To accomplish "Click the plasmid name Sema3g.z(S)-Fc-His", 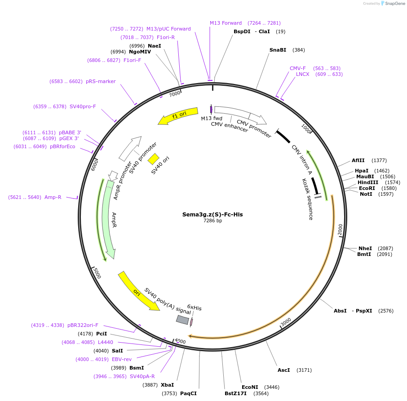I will [212, 214].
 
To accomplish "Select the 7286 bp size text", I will [212, 220].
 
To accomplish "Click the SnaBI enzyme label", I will [278, 50].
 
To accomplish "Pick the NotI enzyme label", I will [366, 194].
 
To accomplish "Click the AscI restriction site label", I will [283, 370].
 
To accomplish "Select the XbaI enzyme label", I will [167, 385].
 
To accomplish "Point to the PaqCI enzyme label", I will [188, 393].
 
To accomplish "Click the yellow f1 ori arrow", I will [178, 116].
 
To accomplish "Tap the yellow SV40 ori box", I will [154, 159].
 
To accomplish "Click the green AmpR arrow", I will [109, 220].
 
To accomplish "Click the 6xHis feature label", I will [194, 308].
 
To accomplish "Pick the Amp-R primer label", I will [53, 197].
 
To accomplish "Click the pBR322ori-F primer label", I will [83, 325].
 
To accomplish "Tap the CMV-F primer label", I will [297, 68].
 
